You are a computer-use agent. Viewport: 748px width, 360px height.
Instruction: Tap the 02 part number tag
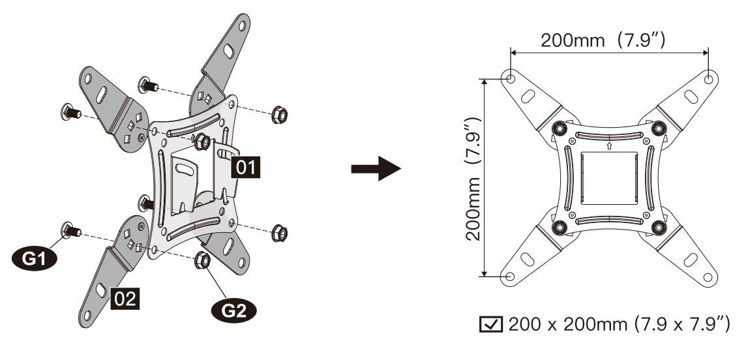coord(125,299)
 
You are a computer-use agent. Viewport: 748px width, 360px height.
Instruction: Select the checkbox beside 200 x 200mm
coord(487,324)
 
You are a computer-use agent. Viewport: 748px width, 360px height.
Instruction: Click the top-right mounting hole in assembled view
coord(709,78)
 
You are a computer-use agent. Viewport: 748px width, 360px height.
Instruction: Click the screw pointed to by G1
coord(68,229)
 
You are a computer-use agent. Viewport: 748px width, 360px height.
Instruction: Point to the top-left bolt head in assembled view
coord(559,128)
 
